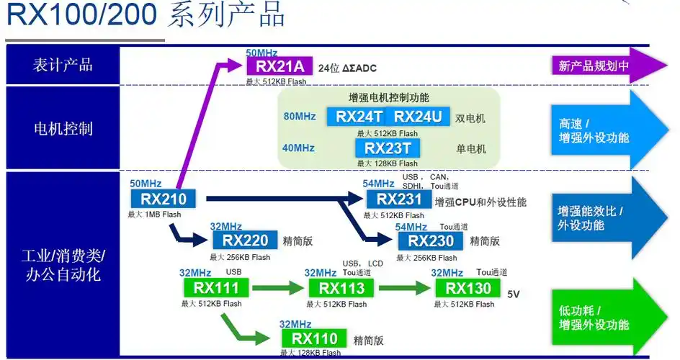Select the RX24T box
click(x=359, y=117)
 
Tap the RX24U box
click(x=419, y=117)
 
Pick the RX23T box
click(x=387, y=148)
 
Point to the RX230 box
click(x=431, y=241)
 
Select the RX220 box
click(x=245, y=241)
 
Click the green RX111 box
click(x=216, y=289)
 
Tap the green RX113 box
click(x=341, y=289)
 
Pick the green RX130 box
click(x=467, y=289)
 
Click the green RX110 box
click(x=314, y=338)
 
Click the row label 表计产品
click(x=63, y=65)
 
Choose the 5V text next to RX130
click(x=514, y=294)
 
